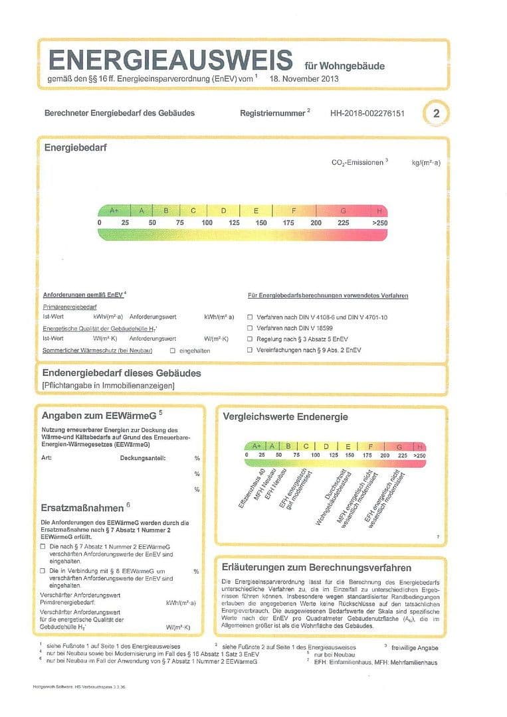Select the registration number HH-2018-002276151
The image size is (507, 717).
(x=367, y=113)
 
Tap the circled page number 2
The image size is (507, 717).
(x=436, y=113)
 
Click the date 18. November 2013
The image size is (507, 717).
(x=304, y=78)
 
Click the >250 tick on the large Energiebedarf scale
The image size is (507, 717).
(x=379, y=223)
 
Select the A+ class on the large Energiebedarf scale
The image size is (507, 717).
(x=114, y=210)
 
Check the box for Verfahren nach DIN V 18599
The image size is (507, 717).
(x=251, y=328)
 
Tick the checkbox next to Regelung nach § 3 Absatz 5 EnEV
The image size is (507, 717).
(x=251, y=339)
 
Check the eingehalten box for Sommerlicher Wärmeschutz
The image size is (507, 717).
(x=173, y=350)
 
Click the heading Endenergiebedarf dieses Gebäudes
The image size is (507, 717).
(x=121, y=373)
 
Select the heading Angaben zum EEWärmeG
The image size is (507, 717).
(x=99, y=416)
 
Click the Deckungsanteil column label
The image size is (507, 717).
(x=143, y=458)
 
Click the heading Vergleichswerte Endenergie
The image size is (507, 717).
(x=286, y=417)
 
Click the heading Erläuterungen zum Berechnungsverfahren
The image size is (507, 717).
(x=316, y=568)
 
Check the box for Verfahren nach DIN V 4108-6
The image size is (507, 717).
(x=251, y=317)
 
